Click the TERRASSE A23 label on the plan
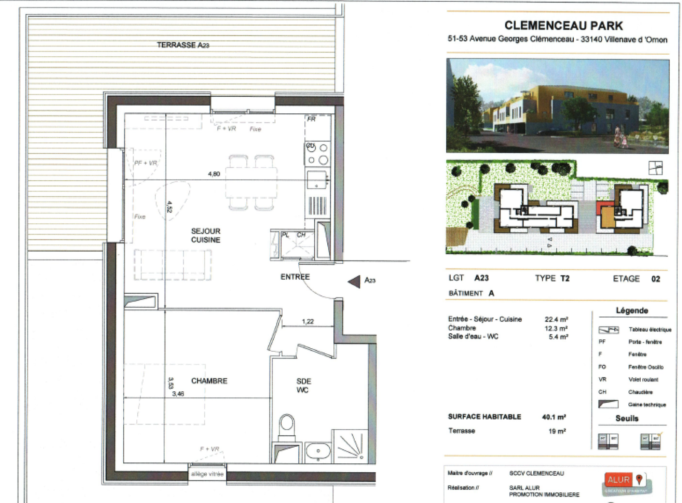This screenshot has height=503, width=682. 183,45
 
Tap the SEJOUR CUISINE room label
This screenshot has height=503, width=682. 205,235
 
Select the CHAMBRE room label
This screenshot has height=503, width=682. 209,381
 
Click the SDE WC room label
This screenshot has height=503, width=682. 303,385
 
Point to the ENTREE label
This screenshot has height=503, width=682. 295,277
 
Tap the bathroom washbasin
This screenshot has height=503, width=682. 318,451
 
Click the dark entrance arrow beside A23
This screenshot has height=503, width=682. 354,281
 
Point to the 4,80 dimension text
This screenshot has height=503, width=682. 214,174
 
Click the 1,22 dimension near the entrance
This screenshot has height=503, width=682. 308,321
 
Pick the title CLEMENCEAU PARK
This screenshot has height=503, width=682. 564,26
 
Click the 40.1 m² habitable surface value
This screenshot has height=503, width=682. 554,417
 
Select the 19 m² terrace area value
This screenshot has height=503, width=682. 557,431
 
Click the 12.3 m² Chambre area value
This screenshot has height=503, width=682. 556,328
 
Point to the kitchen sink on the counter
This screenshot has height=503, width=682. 316,179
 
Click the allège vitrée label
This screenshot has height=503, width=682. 207,474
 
